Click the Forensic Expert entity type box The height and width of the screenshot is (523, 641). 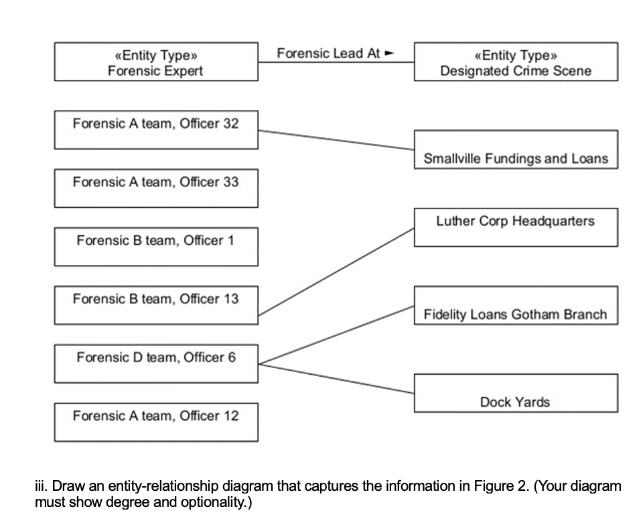(155, 62)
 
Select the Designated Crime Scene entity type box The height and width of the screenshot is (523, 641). (516, 62)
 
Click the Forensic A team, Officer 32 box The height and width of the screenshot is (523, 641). (155, 130)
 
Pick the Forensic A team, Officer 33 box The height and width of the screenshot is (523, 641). (155, 188)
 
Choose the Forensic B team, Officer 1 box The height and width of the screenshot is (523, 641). (155, 247)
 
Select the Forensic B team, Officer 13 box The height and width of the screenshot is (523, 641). (155, 305)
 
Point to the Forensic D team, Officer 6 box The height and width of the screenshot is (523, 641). (155, 363)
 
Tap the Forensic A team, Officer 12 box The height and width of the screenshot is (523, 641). (155, 422)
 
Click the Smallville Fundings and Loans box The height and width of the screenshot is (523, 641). (516, 150)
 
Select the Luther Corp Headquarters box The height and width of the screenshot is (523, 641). (516, 227)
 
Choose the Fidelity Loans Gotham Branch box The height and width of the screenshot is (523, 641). (516, 306)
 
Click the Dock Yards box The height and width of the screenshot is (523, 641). (516, 393)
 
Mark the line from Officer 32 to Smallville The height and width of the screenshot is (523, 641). (336, 140)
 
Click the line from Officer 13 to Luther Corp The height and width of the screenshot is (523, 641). (336, 271)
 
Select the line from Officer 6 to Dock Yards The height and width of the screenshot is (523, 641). (336, 379)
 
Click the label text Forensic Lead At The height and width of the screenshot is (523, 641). (328, 53)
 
